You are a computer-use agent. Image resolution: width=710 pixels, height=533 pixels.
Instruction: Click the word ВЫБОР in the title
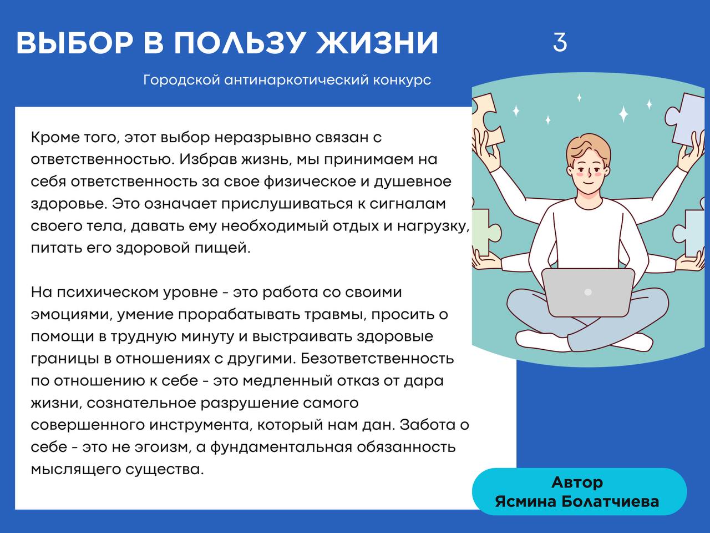pyautogui.click(x=74, y=43)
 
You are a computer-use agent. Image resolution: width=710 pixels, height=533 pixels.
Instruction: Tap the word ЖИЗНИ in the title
pyautogui.click(x=377, y=43)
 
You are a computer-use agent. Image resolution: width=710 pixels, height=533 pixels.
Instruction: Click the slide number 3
pyautogui.click(x=560, y=42)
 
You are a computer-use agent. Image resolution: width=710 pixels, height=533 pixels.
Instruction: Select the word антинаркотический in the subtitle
pyautogui.click(x=296, y=79)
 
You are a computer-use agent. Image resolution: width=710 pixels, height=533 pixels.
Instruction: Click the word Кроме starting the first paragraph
pyautogui.click(x=55, y=138)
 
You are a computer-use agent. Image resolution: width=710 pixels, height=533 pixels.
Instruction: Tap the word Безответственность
pyautogui.click(x=377, y=359)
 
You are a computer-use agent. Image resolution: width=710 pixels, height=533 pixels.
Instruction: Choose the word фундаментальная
pyautogui.click(x=281, y=447)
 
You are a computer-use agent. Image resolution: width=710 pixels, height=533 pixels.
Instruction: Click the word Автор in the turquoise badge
pyautogui.click(x=577, y=482)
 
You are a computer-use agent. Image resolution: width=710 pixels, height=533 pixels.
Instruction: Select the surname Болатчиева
pyautogui.click(x=610, y=501)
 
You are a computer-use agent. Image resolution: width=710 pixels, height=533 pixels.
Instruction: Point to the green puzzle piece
pyautogui.click(x=482, y=232)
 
